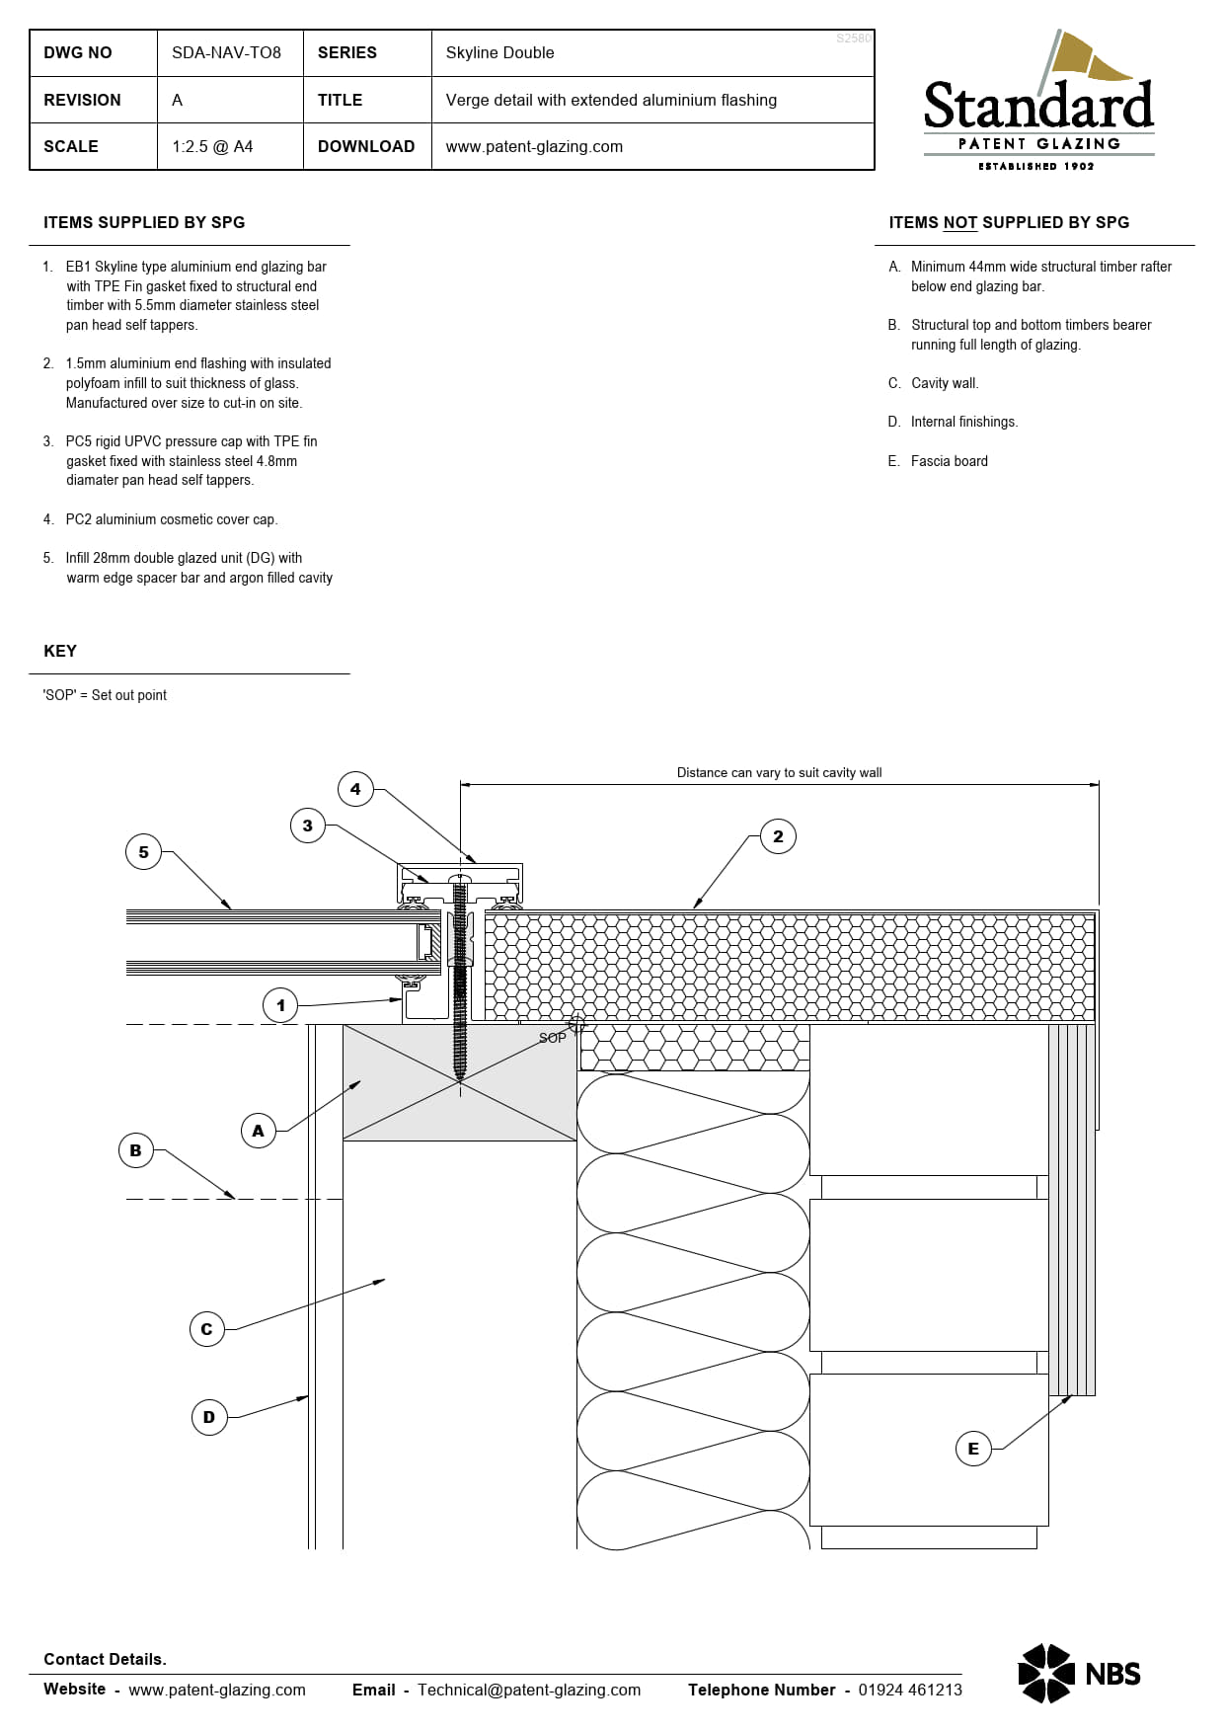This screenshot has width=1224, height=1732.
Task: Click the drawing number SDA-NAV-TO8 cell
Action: coord(226,53)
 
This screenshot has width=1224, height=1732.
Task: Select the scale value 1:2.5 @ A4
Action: coord(212,146)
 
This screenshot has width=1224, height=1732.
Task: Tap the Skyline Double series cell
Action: coord(499,53)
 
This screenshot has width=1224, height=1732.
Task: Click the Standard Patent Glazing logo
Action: coord(1038,103)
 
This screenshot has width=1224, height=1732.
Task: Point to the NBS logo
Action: coord(1079,1673)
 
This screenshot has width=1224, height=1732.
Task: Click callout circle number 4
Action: coord(355,789)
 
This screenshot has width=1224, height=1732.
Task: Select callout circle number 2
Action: coord(778,837)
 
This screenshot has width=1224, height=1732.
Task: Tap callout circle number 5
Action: coord(144,852)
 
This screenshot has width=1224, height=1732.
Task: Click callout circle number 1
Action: coord(280,1006)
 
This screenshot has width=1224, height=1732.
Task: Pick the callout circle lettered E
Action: coord(973,1449)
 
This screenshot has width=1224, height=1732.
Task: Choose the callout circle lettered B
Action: coord(136,1150)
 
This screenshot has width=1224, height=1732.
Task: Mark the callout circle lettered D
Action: coord(208,1417)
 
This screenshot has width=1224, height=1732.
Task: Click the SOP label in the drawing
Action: coord(552,1038)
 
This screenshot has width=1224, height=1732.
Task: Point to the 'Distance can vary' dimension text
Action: coord(779,773)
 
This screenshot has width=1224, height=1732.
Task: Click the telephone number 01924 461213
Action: coord(909,1690)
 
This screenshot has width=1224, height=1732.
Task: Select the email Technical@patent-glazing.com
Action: coord(528,1690)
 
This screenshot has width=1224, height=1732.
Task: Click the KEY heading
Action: coord(60,652)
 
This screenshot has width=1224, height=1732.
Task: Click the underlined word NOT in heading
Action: coord(959,223)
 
